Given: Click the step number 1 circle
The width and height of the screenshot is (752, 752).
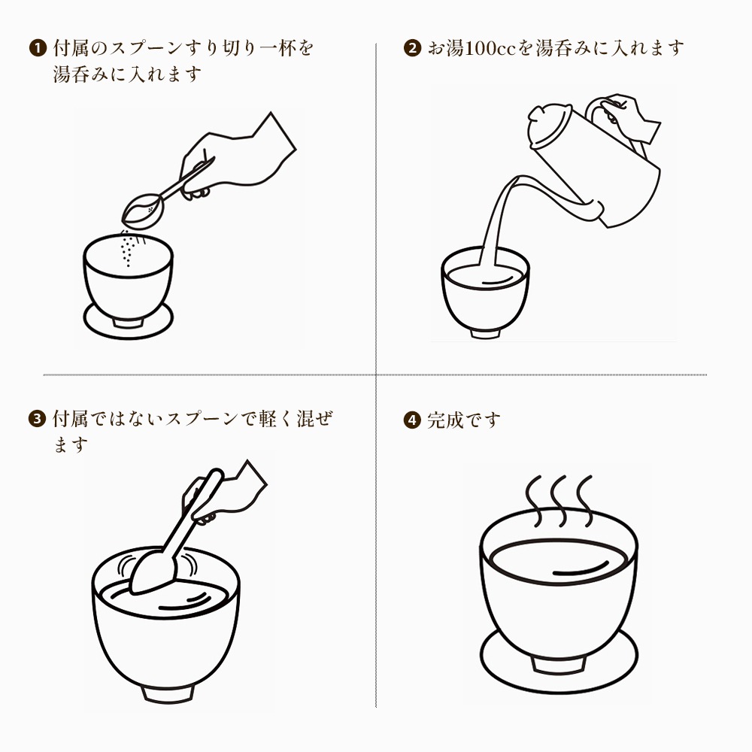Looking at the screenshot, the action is (38, 48).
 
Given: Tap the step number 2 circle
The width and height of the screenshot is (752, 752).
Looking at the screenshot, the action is (412, 48).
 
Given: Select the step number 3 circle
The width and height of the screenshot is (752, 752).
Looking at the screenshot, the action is (37, 419).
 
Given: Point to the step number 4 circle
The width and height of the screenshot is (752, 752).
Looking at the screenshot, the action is (412, 420).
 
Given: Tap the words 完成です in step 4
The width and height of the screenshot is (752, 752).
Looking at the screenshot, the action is (464, 420).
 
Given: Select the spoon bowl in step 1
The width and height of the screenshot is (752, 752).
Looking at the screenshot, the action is (143, 211).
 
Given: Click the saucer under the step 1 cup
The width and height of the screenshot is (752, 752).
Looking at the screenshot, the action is (128, 320).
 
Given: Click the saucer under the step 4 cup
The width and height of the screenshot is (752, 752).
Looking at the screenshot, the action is (559, 661).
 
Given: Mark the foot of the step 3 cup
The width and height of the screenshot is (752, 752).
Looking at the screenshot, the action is (168, 694).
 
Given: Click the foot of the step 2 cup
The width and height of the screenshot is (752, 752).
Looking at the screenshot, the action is (485, 333).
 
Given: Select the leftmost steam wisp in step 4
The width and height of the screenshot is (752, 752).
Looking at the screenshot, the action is (534, 501).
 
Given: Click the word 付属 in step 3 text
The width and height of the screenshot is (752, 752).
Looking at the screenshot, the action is (71, 419).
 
